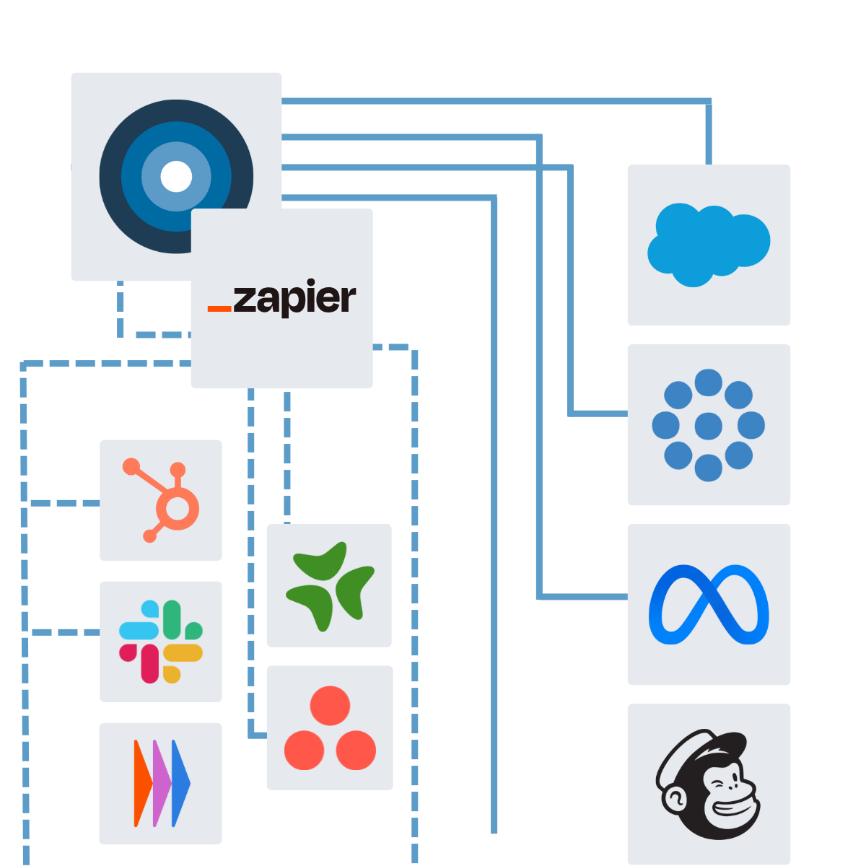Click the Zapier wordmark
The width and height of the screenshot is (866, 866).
point(294,299)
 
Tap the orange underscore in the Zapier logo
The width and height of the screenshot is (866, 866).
point(219,309)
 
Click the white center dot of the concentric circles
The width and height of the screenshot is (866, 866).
point(176,177)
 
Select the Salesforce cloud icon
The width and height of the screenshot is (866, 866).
point(709,244)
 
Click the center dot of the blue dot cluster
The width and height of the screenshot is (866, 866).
point(708,426)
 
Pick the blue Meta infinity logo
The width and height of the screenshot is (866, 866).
point(709,605)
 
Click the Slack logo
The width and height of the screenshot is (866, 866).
point(161,642)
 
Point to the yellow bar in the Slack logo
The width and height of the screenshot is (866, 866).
point(184,653)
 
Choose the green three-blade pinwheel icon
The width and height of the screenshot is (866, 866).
point(330,585)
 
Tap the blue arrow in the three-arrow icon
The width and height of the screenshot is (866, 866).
point(181,783)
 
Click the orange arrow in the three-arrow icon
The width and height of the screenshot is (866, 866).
point(142,783)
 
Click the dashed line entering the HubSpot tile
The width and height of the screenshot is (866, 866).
point(65,503)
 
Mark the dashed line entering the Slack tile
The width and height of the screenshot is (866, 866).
point(65,632)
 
